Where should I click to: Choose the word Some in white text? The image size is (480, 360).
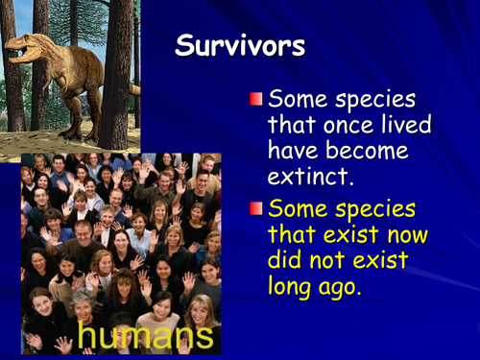coord(298,99)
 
